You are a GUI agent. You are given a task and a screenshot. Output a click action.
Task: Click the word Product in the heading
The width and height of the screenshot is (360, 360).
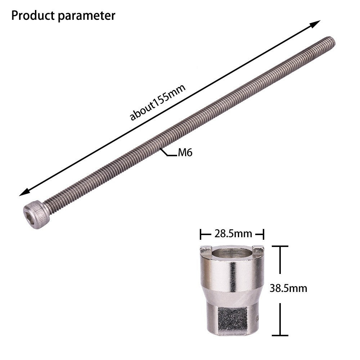coord(33,15)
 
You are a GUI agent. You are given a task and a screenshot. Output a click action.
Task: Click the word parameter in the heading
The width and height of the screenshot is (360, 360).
coord(86,17)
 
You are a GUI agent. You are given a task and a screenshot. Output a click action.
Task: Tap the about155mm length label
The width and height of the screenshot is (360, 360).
coord(158,102)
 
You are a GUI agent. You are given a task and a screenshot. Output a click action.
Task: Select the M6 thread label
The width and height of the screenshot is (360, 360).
coord(185,152)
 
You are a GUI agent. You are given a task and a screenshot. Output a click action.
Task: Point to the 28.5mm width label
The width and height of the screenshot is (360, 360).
coord(233,234)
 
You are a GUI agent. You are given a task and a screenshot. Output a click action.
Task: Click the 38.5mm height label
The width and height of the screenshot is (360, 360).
coord(288,288)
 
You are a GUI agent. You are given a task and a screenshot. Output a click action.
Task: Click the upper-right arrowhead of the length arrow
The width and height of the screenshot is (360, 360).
coord(315,23)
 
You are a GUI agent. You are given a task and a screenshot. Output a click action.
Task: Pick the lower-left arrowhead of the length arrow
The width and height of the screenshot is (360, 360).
coord(24,192)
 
